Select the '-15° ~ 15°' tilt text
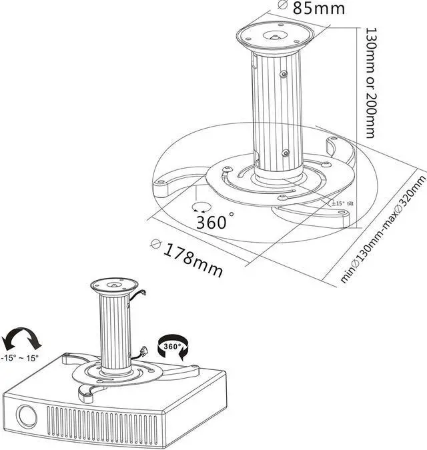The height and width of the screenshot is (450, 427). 20,357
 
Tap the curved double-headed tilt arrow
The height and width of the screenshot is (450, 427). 22,337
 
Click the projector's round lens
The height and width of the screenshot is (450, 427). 27,417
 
